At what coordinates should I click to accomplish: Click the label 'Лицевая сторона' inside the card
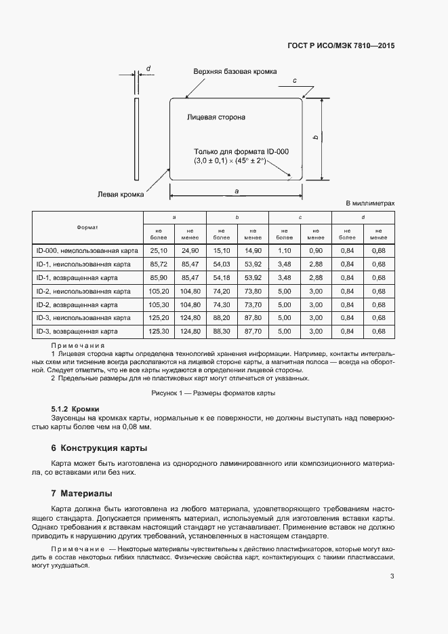pyautogui.click(x=216, y=117)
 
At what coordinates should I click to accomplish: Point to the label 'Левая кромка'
pyautogui.click(x=121, y=195)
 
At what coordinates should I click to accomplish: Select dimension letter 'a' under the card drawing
pyautogui.click(x=236, y=191)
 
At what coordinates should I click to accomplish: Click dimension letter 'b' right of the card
pyautogui.click(x=316, y=138)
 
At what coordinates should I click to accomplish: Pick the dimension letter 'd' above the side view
pyautogui.click(x=148, y=68)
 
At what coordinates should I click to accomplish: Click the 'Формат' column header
pyautogui.click(x=87, y=226)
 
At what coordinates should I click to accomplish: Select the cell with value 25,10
pyautogui.click(x=159, y=251)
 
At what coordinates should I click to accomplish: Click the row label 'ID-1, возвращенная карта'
pyautogui.click(x=77, y=278)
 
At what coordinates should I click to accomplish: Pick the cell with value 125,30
pyautogui.click(x=159, y=332)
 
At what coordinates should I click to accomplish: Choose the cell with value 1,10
pyautogui.click(x=285, y=251)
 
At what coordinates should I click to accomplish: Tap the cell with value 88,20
pyautogui.click(x=222, y=318)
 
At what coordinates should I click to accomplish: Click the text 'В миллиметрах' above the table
pyautogui.click(x=369, y=203)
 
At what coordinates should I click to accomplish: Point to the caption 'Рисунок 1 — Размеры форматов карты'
pyautogui.click(x=212, y=394)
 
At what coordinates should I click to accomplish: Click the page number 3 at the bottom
pyautogui.click(x=392, y=576)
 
